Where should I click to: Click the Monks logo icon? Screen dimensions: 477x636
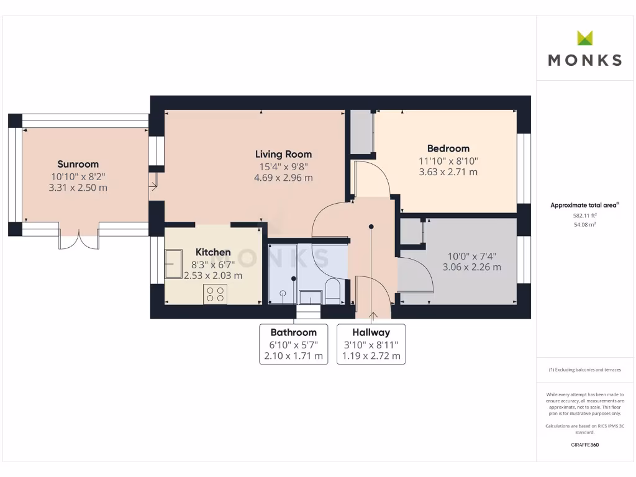(584, 38)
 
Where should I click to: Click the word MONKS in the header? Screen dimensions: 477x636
(584, 60)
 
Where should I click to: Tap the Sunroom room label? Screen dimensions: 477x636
(78, 164)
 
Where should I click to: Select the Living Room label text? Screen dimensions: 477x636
(283, 154)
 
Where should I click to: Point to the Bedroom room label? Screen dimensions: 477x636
(448, 148)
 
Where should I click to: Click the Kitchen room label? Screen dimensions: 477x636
(213, 252)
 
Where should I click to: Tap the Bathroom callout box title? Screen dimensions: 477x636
(293, 332)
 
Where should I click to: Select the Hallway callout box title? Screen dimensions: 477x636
(371, 332)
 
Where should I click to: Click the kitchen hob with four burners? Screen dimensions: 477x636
(216, 294)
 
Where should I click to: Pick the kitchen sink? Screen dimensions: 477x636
(173, 263)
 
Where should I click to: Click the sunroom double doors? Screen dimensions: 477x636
(79, 240)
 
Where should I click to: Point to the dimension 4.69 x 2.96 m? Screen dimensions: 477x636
(283, 178)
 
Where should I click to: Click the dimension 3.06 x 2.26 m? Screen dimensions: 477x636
(471, 267)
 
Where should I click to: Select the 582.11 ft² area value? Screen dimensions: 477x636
(584, 216)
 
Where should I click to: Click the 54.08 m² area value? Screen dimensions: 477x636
(584, 225)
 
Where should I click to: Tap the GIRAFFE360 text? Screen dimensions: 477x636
(584, 445)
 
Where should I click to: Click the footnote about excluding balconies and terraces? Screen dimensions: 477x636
(584, 370)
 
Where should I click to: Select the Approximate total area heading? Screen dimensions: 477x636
(584, 205)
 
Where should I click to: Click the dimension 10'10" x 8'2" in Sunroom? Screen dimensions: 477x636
(78, 176)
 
